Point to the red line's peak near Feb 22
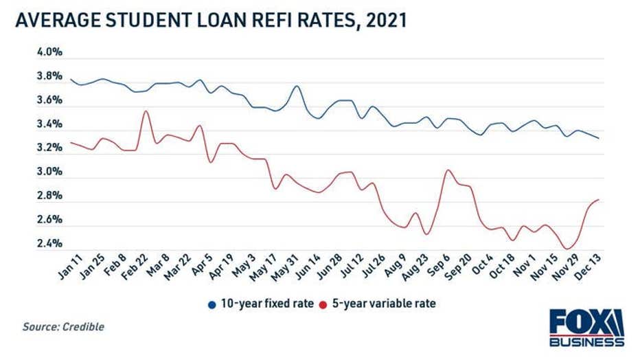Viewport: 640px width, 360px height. (x=145, y=111)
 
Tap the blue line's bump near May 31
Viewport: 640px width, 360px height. (x=296, y=86)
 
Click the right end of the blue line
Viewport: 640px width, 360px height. (x=598, y=138)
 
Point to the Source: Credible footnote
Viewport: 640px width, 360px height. (x=63, y=327)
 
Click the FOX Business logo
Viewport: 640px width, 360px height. (x=587, y=328)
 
